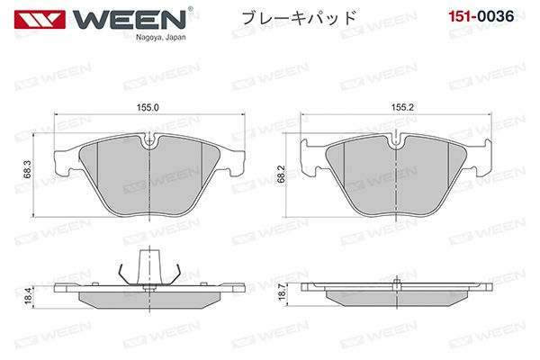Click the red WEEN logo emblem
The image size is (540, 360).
coord(40,20)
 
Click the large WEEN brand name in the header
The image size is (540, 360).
coord(129,20)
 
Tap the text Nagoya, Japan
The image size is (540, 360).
coord(160,37)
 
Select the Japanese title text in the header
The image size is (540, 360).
coord(299,18)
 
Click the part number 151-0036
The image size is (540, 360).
coord(481,16)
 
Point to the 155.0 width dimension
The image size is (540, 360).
coord(148,107)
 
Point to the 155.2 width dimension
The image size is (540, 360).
coord(402,107)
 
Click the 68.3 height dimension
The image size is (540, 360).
coord(28,170)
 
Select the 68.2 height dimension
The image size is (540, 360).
coord(282,174)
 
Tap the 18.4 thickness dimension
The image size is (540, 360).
coord(28,295)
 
